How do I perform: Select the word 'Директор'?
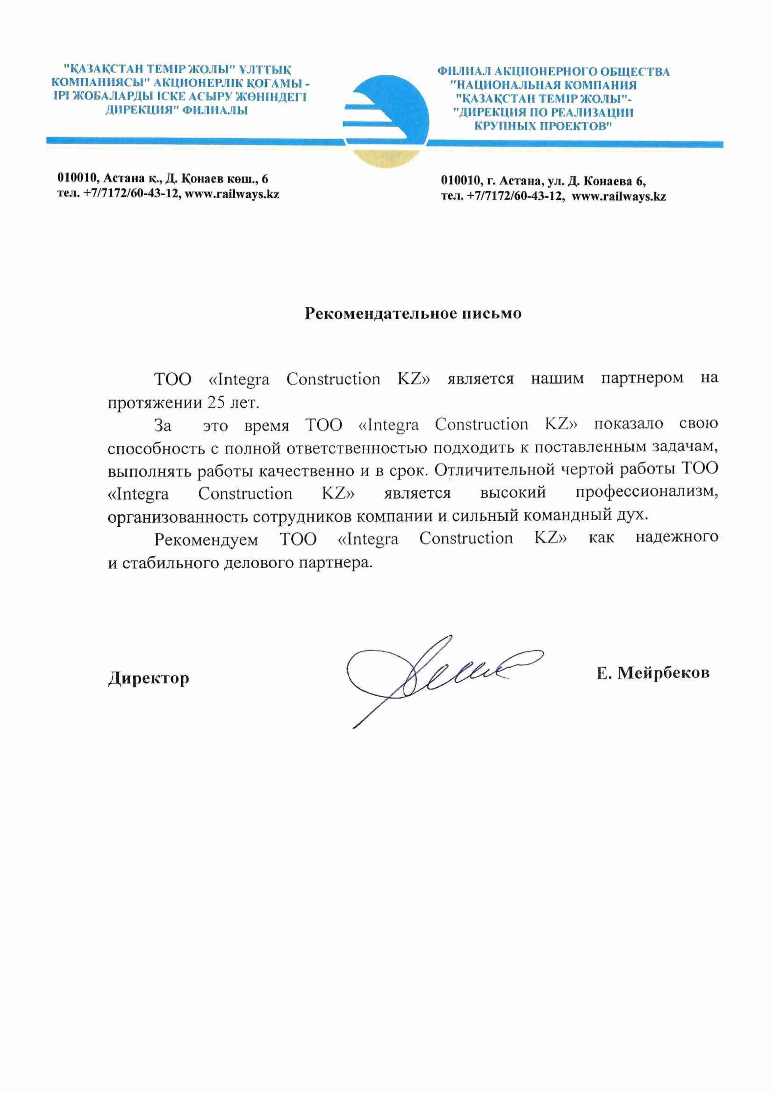click(149, 678)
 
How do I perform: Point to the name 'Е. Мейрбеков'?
click(653, 673)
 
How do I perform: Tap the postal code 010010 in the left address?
click(76, 179)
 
